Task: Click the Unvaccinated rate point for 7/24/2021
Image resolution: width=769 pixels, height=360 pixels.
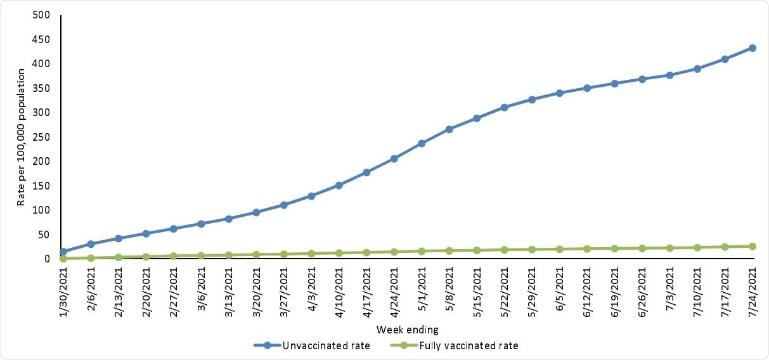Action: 752,48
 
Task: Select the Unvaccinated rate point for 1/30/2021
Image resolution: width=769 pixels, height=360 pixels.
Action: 63,252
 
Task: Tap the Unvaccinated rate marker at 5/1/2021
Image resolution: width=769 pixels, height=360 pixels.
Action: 422,143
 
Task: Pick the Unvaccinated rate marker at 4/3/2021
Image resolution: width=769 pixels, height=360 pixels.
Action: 311,196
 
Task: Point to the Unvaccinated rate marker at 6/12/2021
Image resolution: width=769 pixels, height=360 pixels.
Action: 587,88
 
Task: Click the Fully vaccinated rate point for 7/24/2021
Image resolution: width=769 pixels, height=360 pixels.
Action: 752,246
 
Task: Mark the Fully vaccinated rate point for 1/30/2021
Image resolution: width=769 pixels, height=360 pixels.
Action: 63,259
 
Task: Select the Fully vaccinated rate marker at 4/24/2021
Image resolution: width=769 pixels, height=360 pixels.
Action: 394,252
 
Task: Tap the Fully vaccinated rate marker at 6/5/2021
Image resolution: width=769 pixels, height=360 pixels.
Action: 559,249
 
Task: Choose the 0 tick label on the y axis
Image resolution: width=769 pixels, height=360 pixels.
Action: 46,259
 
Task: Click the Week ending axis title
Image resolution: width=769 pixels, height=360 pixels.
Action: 407,330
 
